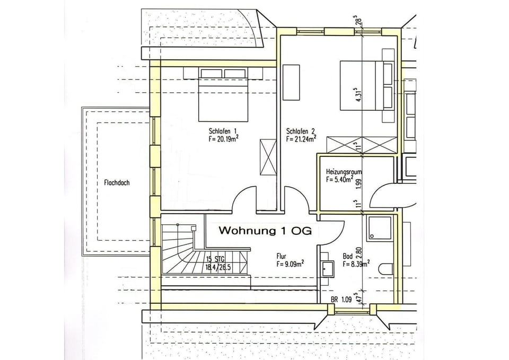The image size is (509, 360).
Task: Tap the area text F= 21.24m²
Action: coord(301,139)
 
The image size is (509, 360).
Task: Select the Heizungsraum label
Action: coord(344,172)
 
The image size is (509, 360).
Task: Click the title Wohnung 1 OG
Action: coord(268,231)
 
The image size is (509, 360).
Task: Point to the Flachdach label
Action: coord(113,182)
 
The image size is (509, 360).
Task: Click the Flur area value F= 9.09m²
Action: coord(289,263)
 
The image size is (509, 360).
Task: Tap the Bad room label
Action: coord(347,255)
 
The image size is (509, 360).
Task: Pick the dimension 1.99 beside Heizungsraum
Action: coord(359,183)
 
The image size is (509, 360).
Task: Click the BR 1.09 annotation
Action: coord(341,300)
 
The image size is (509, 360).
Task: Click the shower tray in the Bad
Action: coord(380,229)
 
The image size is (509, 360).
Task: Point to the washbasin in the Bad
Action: coord(327,269)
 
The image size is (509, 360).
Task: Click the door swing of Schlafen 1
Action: coord(245,200)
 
